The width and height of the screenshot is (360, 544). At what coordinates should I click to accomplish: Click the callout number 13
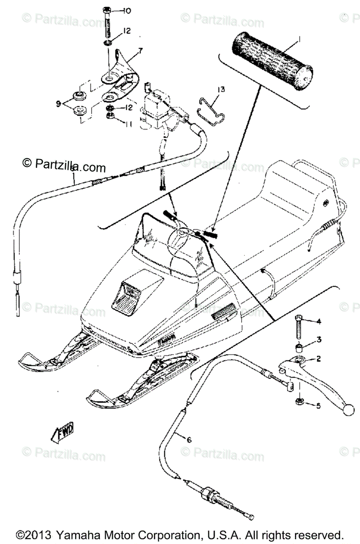click(220, 90)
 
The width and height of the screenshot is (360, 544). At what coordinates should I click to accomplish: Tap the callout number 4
click(319, 322)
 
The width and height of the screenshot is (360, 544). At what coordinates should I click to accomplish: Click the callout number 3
click(319, 339)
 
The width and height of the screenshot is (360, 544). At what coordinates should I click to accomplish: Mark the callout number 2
click(318, 359)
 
